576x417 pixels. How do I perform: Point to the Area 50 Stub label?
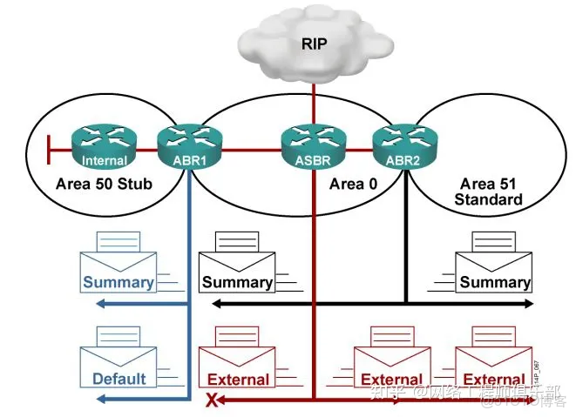pyautogui.click(x=103, y=184)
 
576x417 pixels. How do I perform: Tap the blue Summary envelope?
pyautogui.click(x=118, y=265)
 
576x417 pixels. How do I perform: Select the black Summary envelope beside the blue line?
pyautogui.click(x=237, y=265)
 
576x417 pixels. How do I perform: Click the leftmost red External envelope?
pyautogui.click(x=237, y=362)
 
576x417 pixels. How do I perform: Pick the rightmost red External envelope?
pyautogui.click(x=494, y=362)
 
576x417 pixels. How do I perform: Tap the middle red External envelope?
pyautogui.click(x=391, y=362)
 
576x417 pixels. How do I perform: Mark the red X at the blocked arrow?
pyautogui.click(x=210, y=400)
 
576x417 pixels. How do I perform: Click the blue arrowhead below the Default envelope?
pyautogui.click(x=101, y=399)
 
